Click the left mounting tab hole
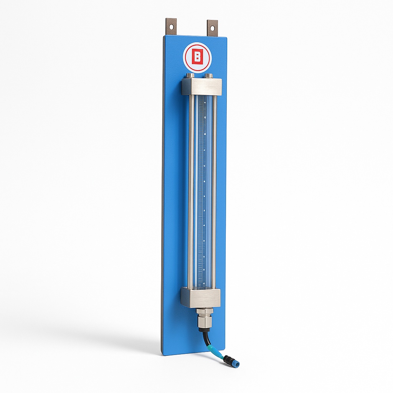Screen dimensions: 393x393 pyautogui.click(x=171, y=27)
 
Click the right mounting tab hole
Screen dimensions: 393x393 pyautogui.click(x=212, y=28)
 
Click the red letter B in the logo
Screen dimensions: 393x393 pyautogui.click(x=197, y=57)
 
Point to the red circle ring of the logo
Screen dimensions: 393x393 pyautogui.click(x=187, y=58)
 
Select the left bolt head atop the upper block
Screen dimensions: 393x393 pyautogui.click(x=190, y=75)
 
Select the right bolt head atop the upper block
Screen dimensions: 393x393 pyautogui.click(x=208, y=75)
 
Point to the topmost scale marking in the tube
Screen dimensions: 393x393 pyautogui.click(x=205, y=103)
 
